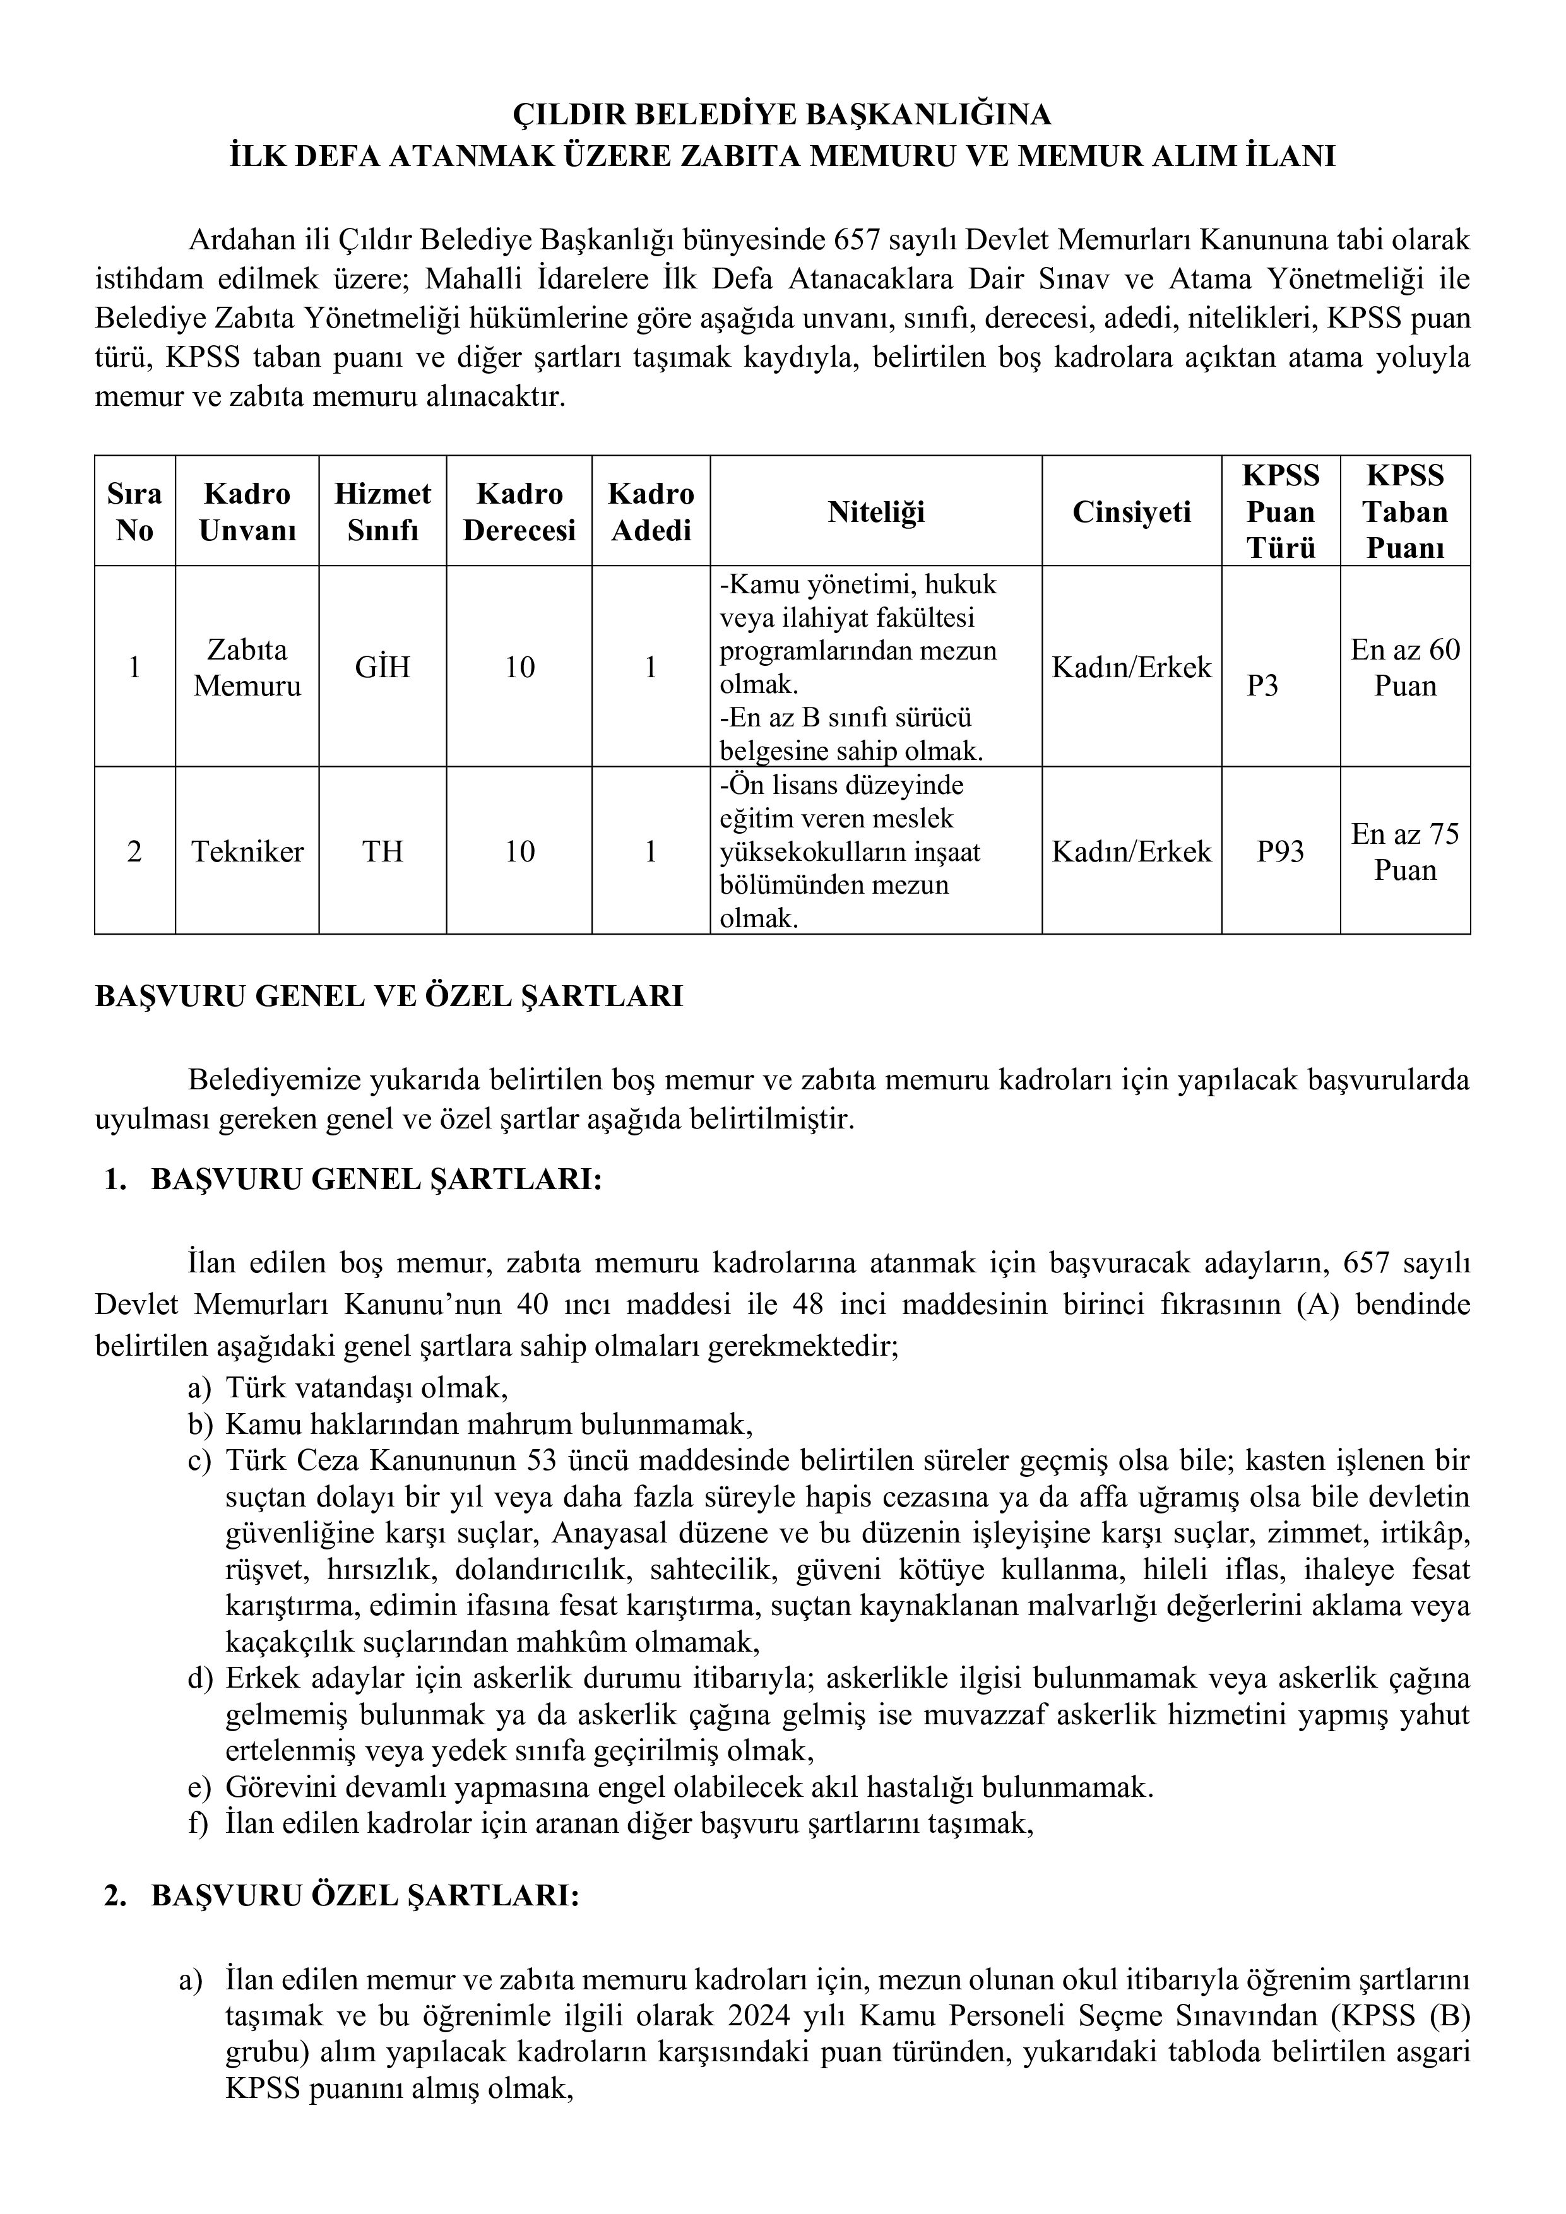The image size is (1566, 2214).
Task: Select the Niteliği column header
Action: click(x=875, y=511)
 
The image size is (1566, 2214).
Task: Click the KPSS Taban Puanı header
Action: click(x=1405, y=511)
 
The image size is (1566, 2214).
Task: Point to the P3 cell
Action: click(x=1262, y=685)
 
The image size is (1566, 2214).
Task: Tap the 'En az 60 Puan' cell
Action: click(x=1405, y=667)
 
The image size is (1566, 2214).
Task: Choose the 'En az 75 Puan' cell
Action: click(x=1405, y=851)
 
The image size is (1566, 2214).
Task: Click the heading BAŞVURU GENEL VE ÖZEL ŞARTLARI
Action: click(x=389, y=996)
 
